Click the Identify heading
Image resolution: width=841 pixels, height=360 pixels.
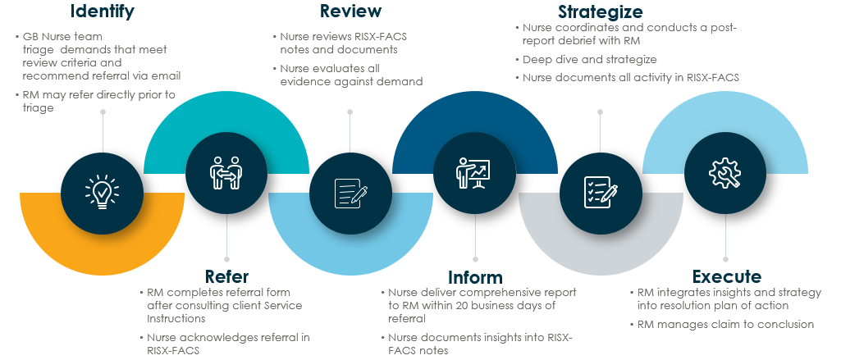click(102, 11)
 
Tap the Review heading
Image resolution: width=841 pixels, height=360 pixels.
click(350, 11)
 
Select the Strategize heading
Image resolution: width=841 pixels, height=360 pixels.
click(600, 11)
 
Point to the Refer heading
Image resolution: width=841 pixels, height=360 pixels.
click(226, 276)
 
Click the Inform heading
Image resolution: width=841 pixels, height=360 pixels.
click(475, 277)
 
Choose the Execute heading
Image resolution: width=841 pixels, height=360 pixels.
click(726, 276)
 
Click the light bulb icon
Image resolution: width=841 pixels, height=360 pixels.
click(102, 192)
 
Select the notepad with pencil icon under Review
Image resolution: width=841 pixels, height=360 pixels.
click(350, 193)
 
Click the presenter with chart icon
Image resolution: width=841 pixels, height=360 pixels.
click(474, 172)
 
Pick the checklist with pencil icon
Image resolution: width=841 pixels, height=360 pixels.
click(600, 192)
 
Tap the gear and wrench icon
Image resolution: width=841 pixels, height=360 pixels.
click(724, 172)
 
